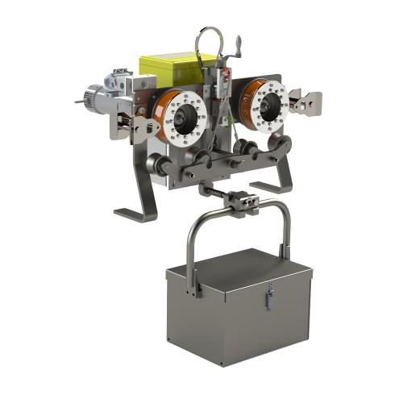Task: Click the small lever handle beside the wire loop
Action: [238, 44]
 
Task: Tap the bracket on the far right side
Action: [309, 102]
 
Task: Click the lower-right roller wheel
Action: [282, 143]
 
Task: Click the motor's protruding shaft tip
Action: [78, 102]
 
